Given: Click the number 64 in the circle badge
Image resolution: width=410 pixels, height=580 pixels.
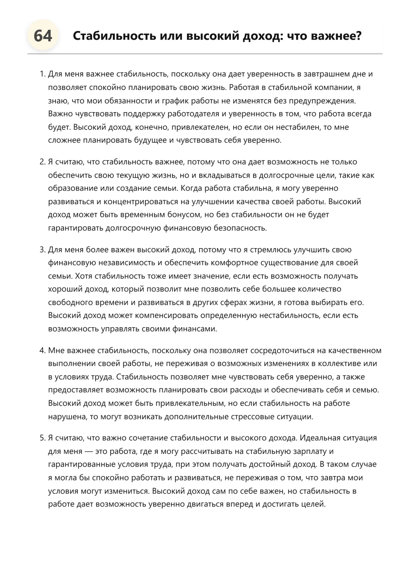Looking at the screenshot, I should [x=43, y=36].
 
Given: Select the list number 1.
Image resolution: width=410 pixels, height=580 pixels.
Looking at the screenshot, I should [x=42, y=74].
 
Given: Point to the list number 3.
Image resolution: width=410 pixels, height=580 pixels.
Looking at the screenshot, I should [x=42, y=250].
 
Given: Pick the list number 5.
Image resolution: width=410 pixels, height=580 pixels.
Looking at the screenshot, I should [x=42, y=438].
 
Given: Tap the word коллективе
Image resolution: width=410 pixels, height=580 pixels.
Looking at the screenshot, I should [x=340, y=364].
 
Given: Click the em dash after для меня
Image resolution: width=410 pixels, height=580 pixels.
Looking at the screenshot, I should [x=89, y=451].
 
